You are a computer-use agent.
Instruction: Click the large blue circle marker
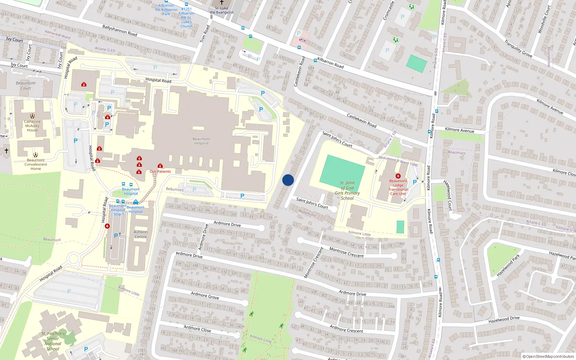[x=288, y=180]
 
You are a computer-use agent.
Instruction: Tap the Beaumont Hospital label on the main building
[x=201, y=141]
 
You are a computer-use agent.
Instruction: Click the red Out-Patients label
[x=160, y=171]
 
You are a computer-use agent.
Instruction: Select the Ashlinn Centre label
[x=140, y=234]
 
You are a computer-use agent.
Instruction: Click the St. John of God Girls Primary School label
[x=347, y=190]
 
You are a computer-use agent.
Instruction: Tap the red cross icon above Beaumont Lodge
[x=398, y=176]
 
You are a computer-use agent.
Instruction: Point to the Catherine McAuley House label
[x=32, y=126]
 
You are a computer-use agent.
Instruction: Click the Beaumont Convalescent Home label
[x=36, y=165]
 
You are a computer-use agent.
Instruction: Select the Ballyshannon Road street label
[x=120, y=30]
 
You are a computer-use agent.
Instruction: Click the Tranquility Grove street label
[x=518, y=48]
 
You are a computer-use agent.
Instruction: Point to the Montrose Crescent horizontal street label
[x=346, y=252]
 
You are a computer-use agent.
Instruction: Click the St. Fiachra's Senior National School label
[x=53, y=341]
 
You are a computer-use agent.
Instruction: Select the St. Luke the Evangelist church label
[x=221, y=10]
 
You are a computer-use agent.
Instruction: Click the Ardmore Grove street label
[x=205, y=296]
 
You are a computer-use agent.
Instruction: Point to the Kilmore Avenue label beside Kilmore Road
[x=459, y=130]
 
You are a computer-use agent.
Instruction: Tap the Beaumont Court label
[x=26, y=85]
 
